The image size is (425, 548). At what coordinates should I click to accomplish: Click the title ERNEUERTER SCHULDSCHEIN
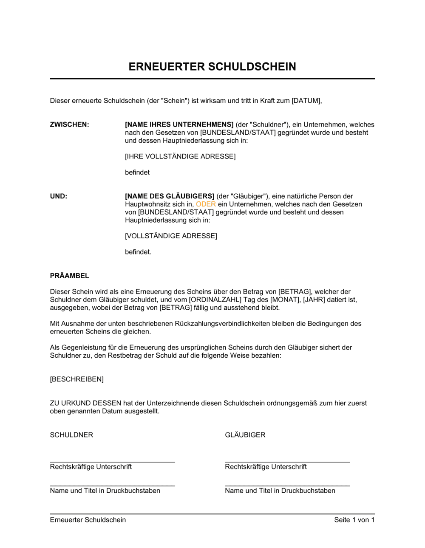(212, 67)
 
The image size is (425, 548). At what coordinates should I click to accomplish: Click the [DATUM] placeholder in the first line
(306, 101)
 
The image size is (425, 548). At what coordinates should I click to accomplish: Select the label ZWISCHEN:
(70, 125)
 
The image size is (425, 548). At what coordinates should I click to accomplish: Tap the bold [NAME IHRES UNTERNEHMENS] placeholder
(179, 125)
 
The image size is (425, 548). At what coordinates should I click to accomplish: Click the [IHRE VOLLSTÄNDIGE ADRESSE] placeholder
(180, 157)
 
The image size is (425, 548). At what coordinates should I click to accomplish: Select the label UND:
(59, 197)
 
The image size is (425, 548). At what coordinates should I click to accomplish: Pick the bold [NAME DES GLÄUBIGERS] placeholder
(170, 197)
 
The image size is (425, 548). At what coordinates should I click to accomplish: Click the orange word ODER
(206, 204)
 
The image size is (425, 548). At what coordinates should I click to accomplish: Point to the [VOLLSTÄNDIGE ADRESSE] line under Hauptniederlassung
(171, 236)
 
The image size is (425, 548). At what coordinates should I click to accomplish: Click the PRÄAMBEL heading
(70, 276)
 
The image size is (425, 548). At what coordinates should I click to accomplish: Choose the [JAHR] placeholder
(314, 300)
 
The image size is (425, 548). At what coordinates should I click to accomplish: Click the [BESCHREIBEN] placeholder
(77, 379)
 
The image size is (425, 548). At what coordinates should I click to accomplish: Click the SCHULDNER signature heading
(71, 435)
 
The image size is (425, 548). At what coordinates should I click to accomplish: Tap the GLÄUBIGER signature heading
(245, 435)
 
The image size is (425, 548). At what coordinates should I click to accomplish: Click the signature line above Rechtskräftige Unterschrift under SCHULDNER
(112, 461)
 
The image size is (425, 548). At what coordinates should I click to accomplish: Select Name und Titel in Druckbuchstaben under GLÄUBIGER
(280, 491)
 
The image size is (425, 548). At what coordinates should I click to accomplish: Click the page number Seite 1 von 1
(354, 520)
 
